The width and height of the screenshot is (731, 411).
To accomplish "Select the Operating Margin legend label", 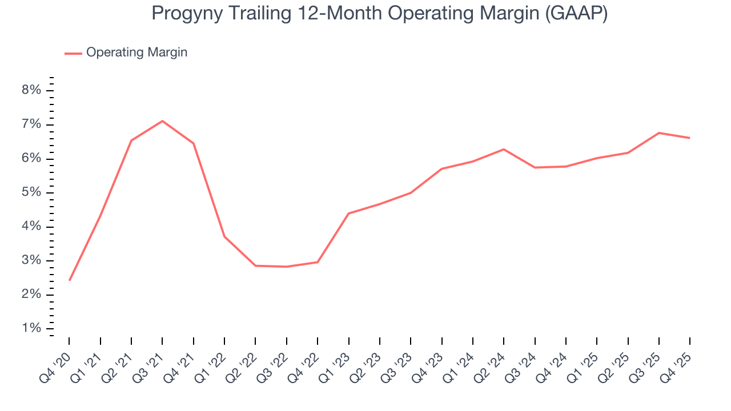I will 136,53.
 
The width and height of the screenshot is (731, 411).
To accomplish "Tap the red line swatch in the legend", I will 73,53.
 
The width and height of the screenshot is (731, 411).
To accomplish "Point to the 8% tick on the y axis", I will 32,91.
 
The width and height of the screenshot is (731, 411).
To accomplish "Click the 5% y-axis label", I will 32,193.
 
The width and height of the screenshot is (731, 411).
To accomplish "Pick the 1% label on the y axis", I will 32,329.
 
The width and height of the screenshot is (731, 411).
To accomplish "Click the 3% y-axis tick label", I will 32,261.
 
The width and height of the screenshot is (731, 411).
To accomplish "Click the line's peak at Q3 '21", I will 162,121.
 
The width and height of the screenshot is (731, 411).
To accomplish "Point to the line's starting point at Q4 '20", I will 69,280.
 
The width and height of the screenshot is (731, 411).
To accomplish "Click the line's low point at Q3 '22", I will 286,267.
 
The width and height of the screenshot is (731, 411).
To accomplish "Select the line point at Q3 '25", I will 658,133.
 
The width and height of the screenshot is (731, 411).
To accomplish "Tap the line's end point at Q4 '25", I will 689,138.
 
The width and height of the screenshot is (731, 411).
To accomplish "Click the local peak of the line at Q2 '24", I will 503,150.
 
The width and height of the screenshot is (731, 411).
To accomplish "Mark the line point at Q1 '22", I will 224,236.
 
